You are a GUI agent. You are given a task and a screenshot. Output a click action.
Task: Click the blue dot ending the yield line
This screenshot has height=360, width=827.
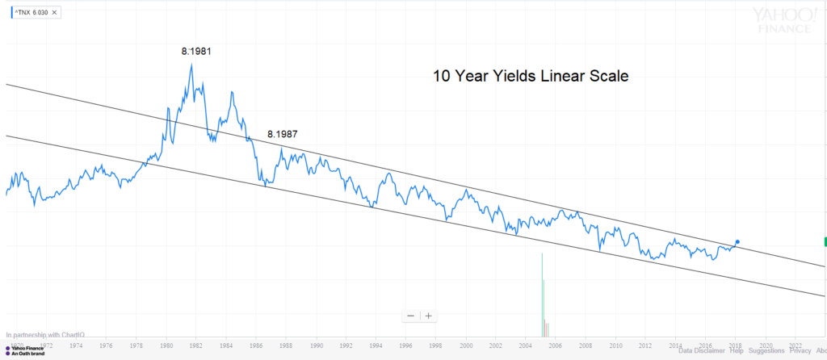click(x=737, y=241)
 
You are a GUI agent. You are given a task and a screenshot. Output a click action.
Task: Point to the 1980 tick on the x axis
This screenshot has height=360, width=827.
click(x=166, y=345)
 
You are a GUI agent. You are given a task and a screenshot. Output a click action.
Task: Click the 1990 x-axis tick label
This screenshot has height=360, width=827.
click(x=316, y=345)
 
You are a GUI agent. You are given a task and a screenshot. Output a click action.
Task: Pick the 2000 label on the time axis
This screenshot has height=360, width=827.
click(x=466, y=345)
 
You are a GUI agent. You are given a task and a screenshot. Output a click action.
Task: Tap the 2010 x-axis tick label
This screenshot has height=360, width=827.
click(x=615, y=345)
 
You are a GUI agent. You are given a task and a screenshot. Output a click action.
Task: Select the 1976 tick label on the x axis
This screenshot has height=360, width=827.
click(x=106, y=345)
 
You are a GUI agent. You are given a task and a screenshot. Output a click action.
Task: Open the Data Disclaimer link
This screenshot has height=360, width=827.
click(x=702, y=351)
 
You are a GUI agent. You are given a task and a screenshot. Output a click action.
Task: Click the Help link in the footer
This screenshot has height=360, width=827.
click(x=737, y=351)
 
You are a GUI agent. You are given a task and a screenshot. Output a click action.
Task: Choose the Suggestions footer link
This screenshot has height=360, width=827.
click(x=766, y=351)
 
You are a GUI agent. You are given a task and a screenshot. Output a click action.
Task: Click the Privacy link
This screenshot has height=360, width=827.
click(x=800, y=351)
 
